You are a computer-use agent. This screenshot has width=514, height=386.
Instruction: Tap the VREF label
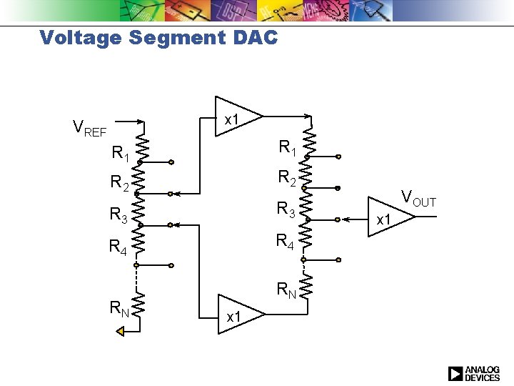(90, 129)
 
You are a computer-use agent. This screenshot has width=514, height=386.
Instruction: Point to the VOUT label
(418, 199)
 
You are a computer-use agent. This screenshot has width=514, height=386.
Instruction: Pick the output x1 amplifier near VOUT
(390, 217)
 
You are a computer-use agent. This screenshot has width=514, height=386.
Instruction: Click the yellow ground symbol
(121, 330)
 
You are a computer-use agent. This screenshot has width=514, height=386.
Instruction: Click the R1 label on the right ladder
(288, 148)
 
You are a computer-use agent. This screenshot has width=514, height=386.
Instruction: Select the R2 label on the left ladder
(120, 184)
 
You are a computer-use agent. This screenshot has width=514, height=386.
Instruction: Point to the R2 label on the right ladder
(287, 177)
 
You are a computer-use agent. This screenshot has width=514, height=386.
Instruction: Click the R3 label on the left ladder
(120, 214)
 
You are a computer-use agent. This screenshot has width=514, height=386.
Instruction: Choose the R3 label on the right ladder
(287, 209)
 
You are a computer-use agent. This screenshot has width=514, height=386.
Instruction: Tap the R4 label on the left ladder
(119, 247)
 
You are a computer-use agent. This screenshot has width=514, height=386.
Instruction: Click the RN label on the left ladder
(120, 309)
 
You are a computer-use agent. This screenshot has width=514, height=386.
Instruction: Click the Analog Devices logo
(474, 373)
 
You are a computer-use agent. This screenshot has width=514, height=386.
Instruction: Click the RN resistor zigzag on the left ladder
(139, 305)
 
